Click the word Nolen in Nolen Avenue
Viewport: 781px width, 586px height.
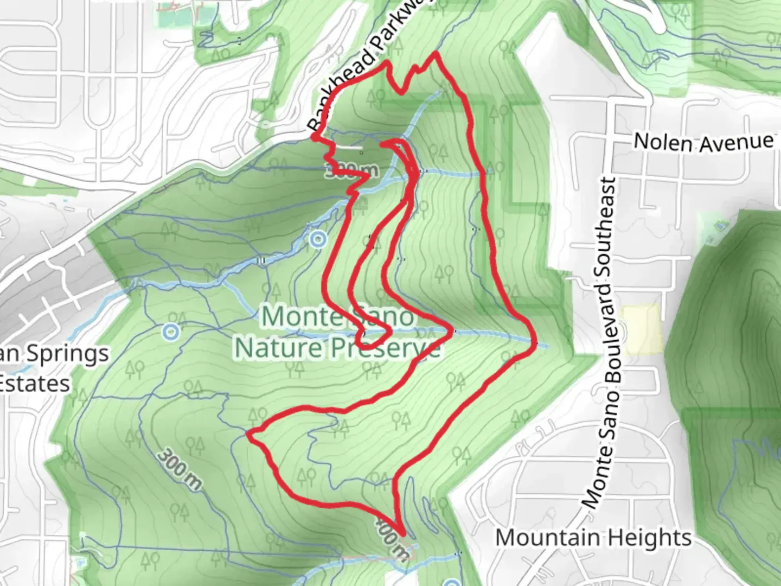[663, 143]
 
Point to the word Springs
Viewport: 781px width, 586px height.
[67, 354]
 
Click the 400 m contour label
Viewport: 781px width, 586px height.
[392, 537]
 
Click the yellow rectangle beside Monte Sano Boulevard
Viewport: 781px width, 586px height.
[643, 330]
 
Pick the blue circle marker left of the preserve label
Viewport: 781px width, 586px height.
[171, 330]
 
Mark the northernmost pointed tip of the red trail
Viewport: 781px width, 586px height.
[436, 53]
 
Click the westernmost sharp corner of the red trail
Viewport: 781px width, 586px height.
[249, 434]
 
